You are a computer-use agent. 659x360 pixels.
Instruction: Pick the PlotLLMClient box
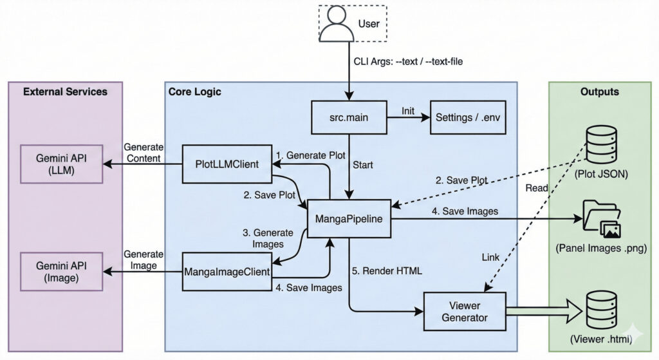point(227,165)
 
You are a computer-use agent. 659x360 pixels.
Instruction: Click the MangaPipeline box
point(349,219)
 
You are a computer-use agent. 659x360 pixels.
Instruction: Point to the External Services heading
point(65,91)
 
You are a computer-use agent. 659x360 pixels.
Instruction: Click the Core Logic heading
point(195,91)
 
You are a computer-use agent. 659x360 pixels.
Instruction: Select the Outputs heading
point(599,91)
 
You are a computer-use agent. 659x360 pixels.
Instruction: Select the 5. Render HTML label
point(388,271)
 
